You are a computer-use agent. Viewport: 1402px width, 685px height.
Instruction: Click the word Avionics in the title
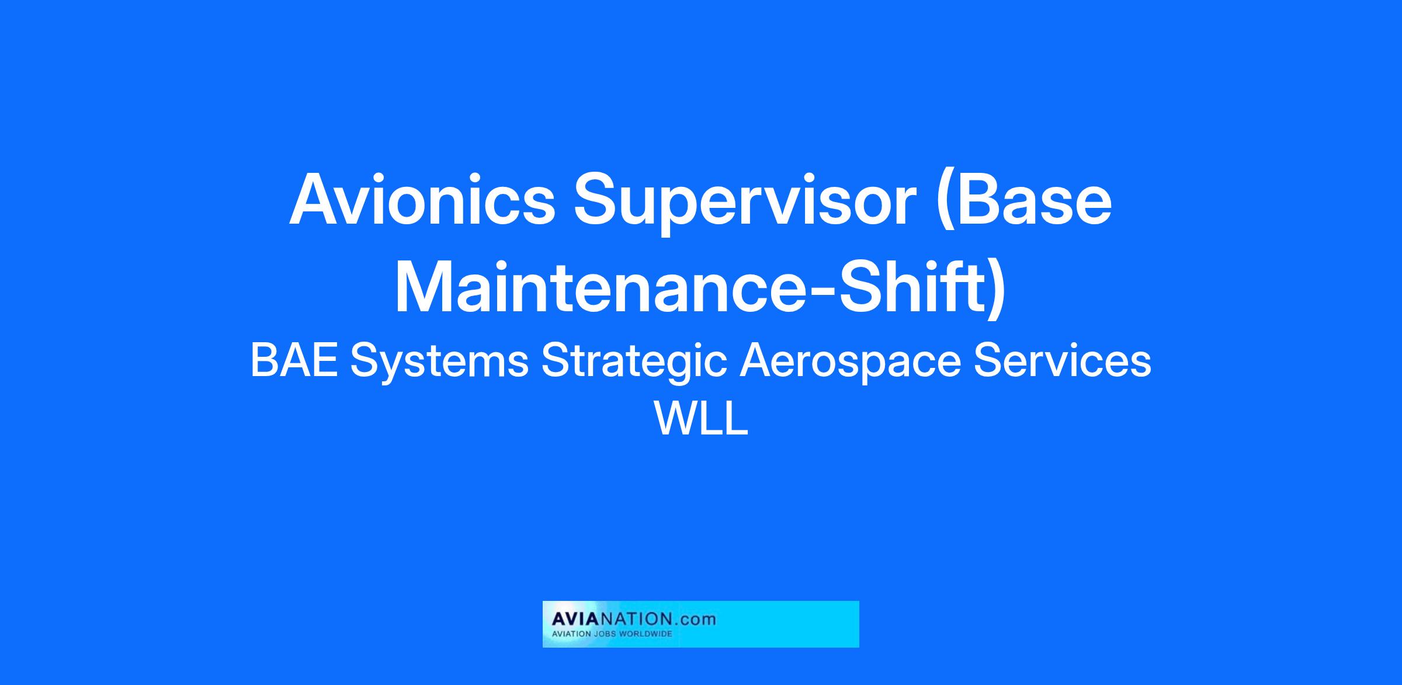(x=422, y=200)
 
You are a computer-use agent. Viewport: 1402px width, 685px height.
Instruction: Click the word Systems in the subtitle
(x=439, y=363)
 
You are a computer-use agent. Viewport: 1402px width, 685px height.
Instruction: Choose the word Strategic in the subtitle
(x=634, y=363)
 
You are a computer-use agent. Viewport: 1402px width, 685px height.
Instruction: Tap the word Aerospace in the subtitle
(x=850, y=363)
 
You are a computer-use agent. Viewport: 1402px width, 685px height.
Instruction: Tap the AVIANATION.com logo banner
(x=700, y=624)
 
